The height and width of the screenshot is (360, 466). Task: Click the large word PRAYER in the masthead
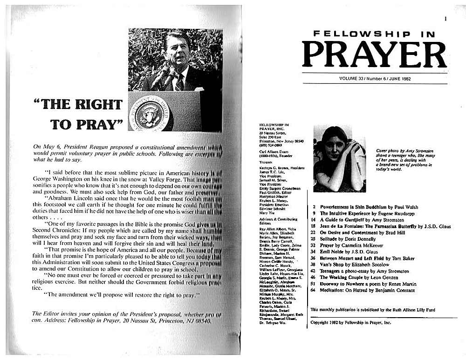(x=374, y=54)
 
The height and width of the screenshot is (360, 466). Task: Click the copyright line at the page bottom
(x=350, y=322)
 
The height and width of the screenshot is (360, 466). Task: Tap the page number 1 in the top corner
(x=446, y=19)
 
